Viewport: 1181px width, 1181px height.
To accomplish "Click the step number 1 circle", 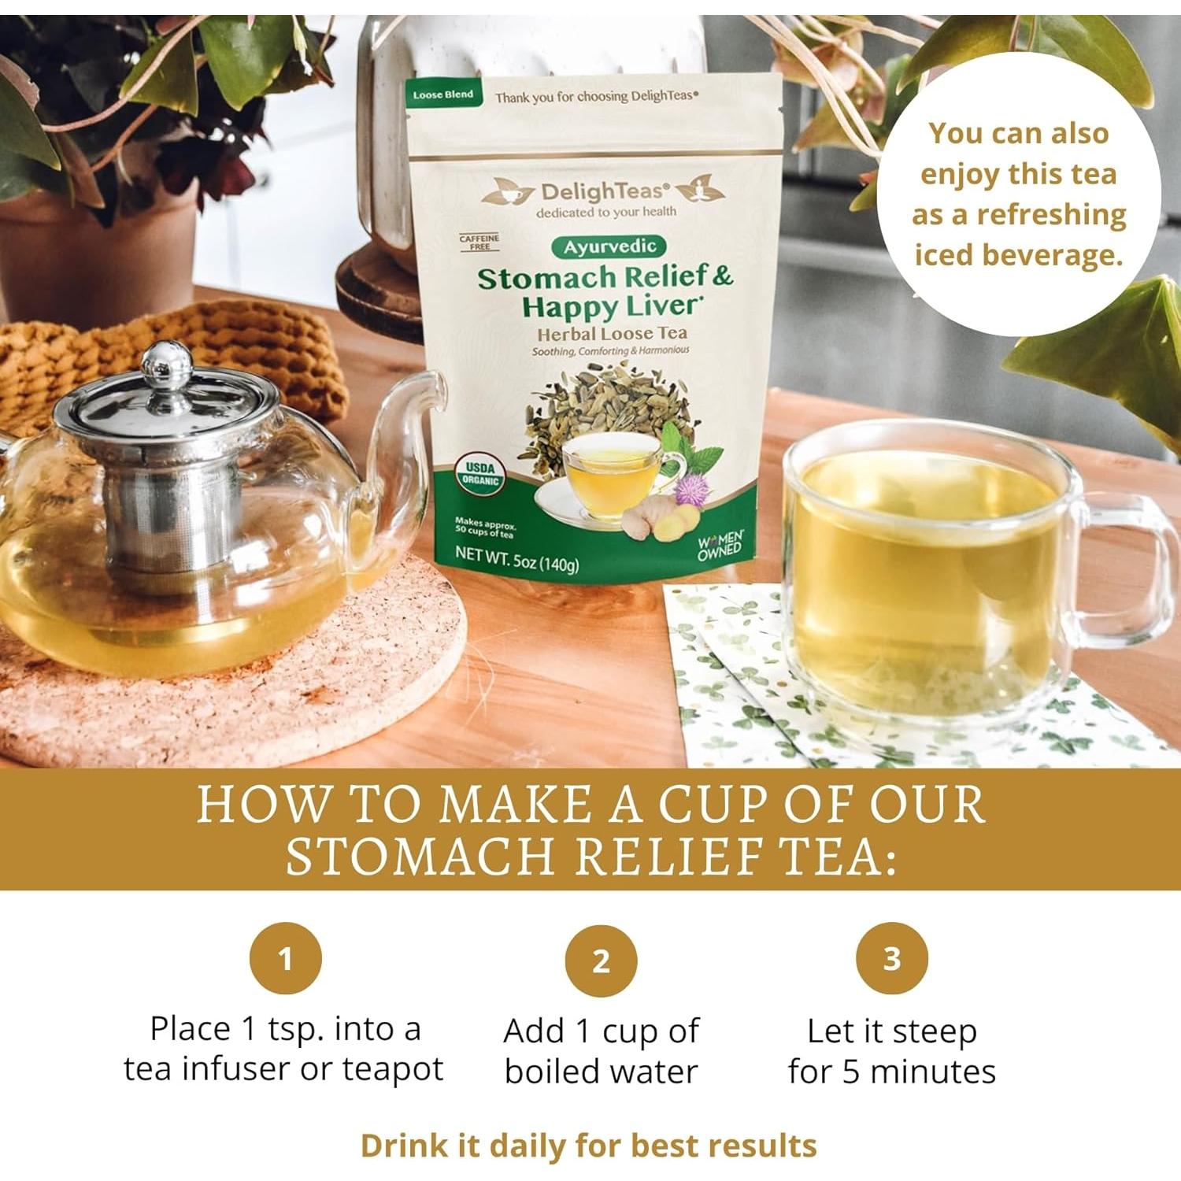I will point(285,958).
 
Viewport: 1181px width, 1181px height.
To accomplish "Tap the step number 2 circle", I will point(601,961).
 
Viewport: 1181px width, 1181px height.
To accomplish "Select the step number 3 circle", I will point(891,958).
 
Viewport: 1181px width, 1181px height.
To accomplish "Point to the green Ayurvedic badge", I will point(609,246).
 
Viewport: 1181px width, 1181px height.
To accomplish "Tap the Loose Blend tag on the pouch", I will point(442,94).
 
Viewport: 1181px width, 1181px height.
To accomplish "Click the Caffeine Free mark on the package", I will point(479,242).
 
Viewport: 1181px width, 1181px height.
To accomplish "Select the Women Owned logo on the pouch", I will point(720,545).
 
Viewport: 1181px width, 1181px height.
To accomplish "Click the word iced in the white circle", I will point(943,255).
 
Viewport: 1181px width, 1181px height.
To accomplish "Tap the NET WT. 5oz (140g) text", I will point(516,558).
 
